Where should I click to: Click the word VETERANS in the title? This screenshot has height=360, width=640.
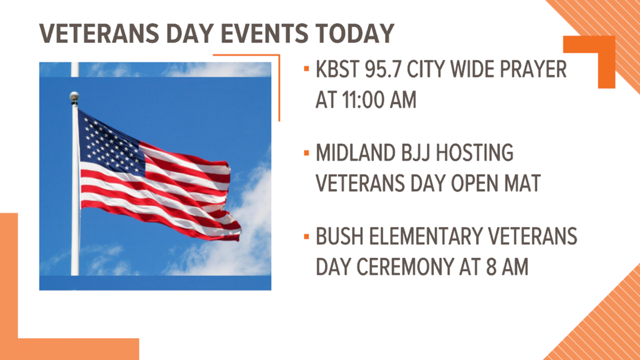pos(99,33)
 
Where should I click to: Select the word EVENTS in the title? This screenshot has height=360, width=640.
pos(265,33)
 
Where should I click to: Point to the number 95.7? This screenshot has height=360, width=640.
pos(382,70)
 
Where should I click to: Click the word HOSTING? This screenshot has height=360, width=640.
pos(475,153)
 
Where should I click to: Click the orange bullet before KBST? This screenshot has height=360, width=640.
pos(306,70)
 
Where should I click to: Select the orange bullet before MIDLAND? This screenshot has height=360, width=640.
pos(306,153)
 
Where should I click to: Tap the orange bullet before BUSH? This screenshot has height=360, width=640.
pos(306,237)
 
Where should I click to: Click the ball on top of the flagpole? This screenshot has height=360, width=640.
pos(74,97)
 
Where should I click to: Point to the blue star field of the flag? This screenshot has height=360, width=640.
pos(110,143)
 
